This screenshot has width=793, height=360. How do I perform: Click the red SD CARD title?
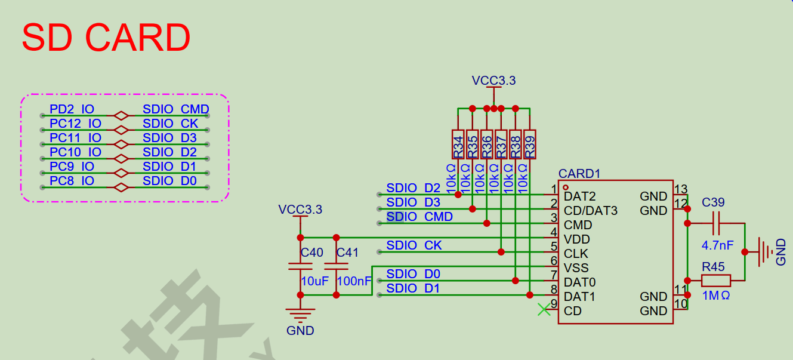click(x=106, y=37)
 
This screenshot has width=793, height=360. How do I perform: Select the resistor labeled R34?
click(x=458, y=144)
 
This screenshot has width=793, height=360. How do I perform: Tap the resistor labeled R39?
click(x=530, y=144)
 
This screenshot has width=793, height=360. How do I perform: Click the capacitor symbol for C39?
click(x=716, y=223)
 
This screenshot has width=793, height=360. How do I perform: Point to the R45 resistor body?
click(x=716, y=281)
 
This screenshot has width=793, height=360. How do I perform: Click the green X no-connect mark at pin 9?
click(x=544, y=309)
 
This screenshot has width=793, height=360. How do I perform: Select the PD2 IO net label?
click(x=72, y=109)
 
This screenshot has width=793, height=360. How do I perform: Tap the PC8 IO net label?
click(x=72, y=181)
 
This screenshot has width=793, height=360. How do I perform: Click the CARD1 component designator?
click(x=579, y=174)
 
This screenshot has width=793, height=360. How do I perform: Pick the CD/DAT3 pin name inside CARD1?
click(x=591, y=211)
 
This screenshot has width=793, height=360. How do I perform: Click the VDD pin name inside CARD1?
click(x=576, y=239)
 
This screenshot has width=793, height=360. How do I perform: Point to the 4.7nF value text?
click(x=718, y=245)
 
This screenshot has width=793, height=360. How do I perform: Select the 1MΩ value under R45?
click(x=716, y=296)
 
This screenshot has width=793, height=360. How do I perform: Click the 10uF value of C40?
click(x=314, y=281)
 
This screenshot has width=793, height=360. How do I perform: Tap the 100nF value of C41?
click(x=354, y=281)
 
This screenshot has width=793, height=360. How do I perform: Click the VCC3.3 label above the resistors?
click(x=493, y=81)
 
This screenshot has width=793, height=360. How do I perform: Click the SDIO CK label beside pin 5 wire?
click(x=414, y=245)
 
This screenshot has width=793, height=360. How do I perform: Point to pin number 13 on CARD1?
click(x=681, y=189)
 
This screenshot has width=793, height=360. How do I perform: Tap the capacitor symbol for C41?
click(x=337, y=266)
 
